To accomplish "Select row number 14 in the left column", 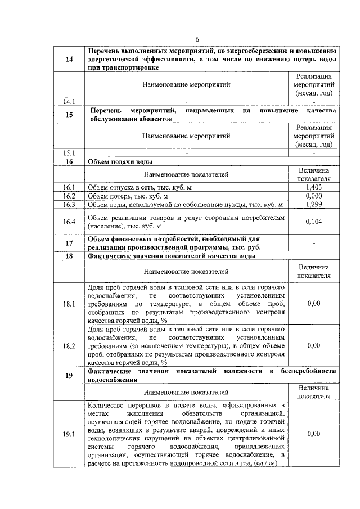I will [69, 60].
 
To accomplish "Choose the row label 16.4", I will [69, 222].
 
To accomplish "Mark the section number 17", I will [69, 243].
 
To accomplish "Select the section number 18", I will [69, 256].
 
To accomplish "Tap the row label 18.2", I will [69, 346].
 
